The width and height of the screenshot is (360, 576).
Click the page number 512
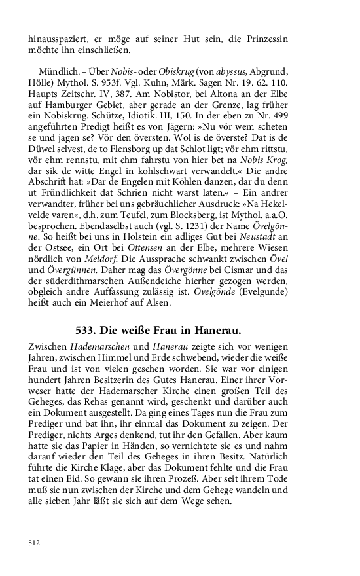pyautogui.click(x=34, y=543)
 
